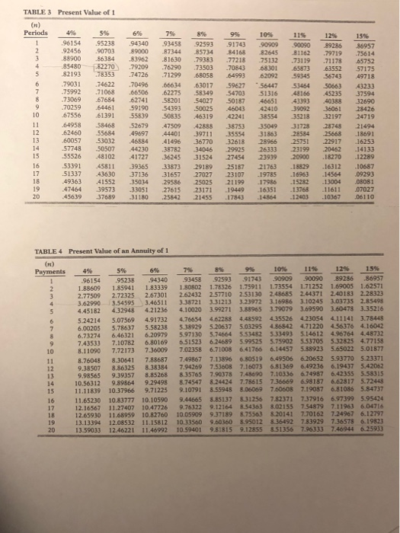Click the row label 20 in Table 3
coord(24,197)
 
